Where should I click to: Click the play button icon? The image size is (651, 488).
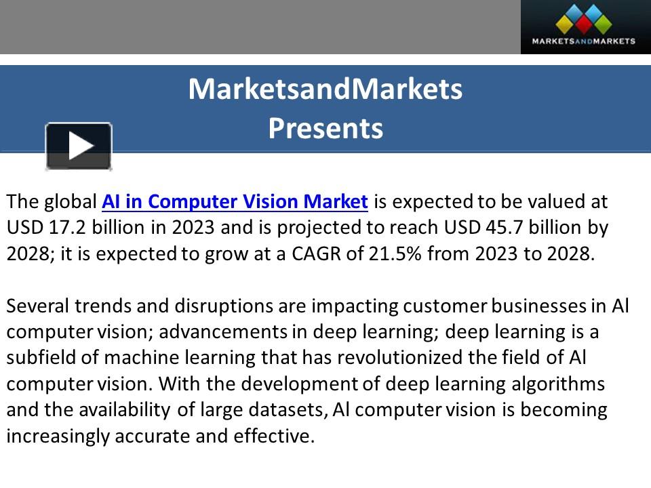coord(79,146)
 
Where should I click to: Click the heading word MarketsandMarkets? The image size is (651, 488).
coord(325,89)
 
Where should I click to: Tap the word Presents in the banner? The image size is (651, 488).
coord(325,128)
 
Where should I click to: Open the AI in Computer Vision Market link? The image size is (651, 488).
coord(235,201)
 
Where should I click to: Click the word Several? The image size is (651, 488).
coord(40,306)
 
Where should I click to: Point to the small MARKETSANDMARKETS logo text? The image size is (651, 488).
coord(584,41)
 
